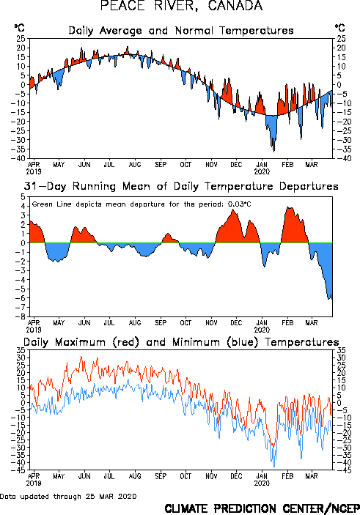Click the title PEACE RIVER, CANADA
click(x=181, y=6)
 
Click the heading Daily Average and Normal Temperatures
click(x=181, y=31)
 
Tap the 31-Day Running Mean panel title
click(x=181, y=186)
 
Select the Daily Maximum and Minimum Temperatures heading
click(x=181, y=342)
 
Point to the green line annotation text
click(x=142, y=204)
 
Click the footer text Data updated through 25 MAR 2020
click(x=68, y=496)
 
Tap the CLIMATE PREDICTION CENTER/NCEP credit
click(x=262, y=508)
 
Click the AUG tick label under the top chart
click(x=135, y=164)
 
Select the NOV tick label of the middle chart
click(x=211, y=322)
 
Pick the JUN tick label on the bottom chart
click(x=84, y=476)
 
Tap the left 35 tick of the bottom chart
click(x=21, y=350)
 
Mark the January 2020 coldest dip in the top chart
click(x=274, y=151)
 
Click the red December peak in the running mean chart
click(x=234, y=210)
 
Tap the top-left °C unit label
click(x=19, y=28)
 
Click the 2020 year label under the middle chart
click(x=262, y=330)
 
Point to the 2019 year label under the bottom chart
click(x=34, y=483)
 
